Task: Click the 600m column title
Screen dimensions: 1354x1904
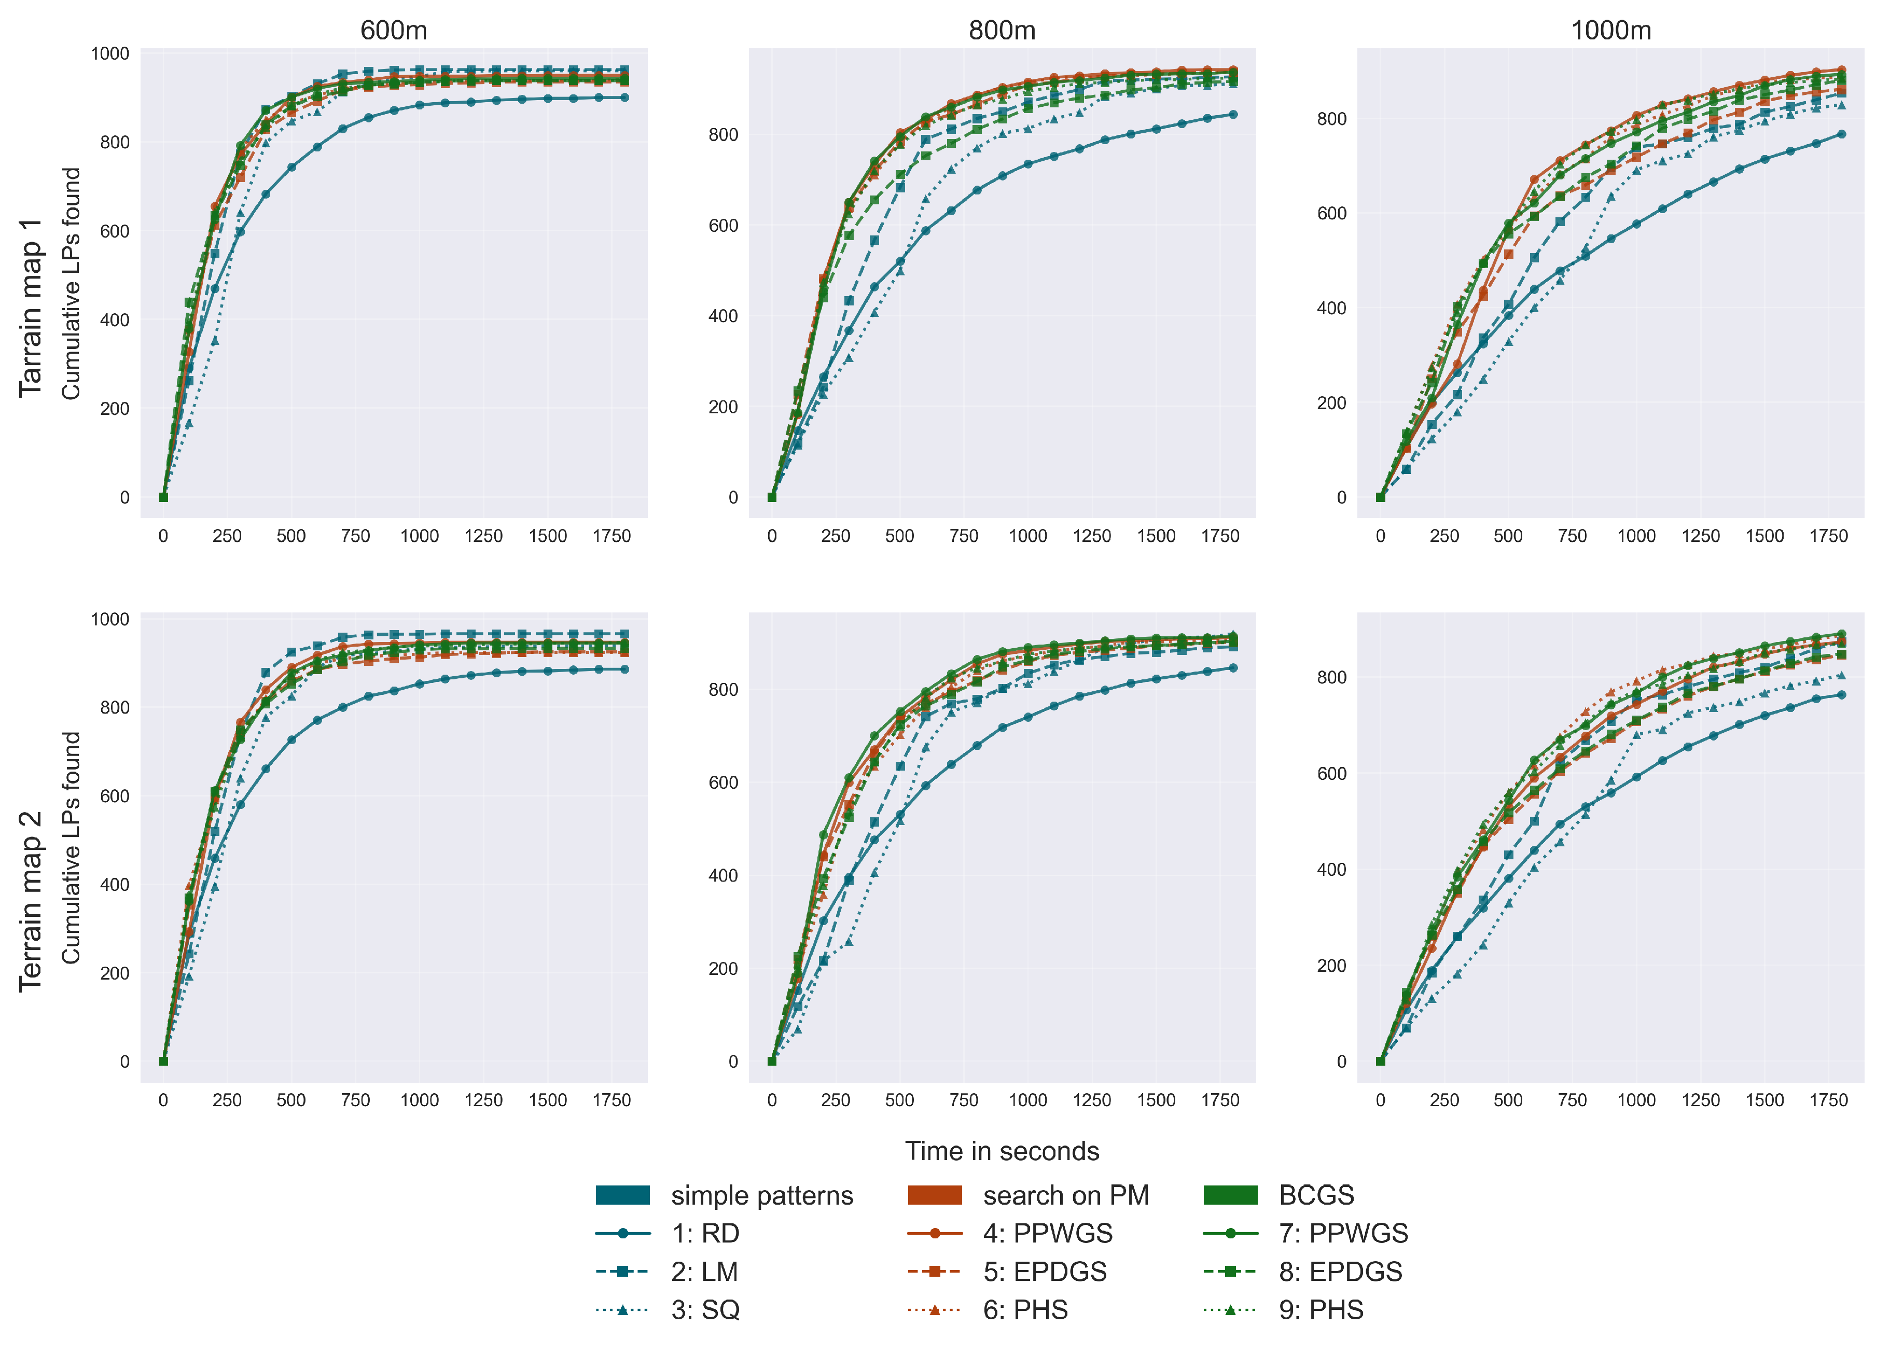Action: pos(394,31)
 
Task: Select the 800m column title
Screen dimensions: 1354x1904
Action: pos(1002,31)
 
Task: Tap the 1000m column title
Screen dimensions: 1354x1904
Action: pos(1610,31)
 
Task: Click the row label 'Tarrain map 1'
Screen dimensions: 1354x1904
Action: pos(31,309)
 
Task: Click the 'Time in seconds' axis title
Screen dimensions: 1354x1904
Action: pos(1002,1151)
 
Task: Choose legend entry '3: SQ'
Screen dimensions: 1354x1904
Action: pos(705,1310)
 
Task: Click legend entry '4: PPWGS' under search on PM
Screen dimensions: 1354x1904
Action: pos(1047,1233)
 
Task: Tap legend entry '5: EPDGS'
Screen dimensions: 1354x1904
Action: pos(1045,1272)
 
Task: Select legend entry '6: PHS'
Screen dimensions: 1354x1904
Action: pos(1025,1310)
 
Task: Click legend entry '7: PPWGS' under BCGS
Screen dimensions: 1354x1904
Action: pos(1343,1233)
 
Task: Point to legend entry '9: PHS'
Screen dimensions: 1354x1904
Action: pos(1322,1310)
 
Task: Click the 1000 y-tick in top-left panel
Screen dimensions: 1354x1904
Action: pos(110,54)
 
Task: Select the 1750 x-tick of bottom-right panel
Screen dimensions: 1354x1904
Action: pos(1829,1100)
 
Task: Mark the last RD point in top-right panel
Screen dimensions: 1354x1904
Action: pos(1841,134)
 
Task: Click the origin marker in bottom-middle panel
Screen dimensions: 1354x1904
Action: pos(772,1062)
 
